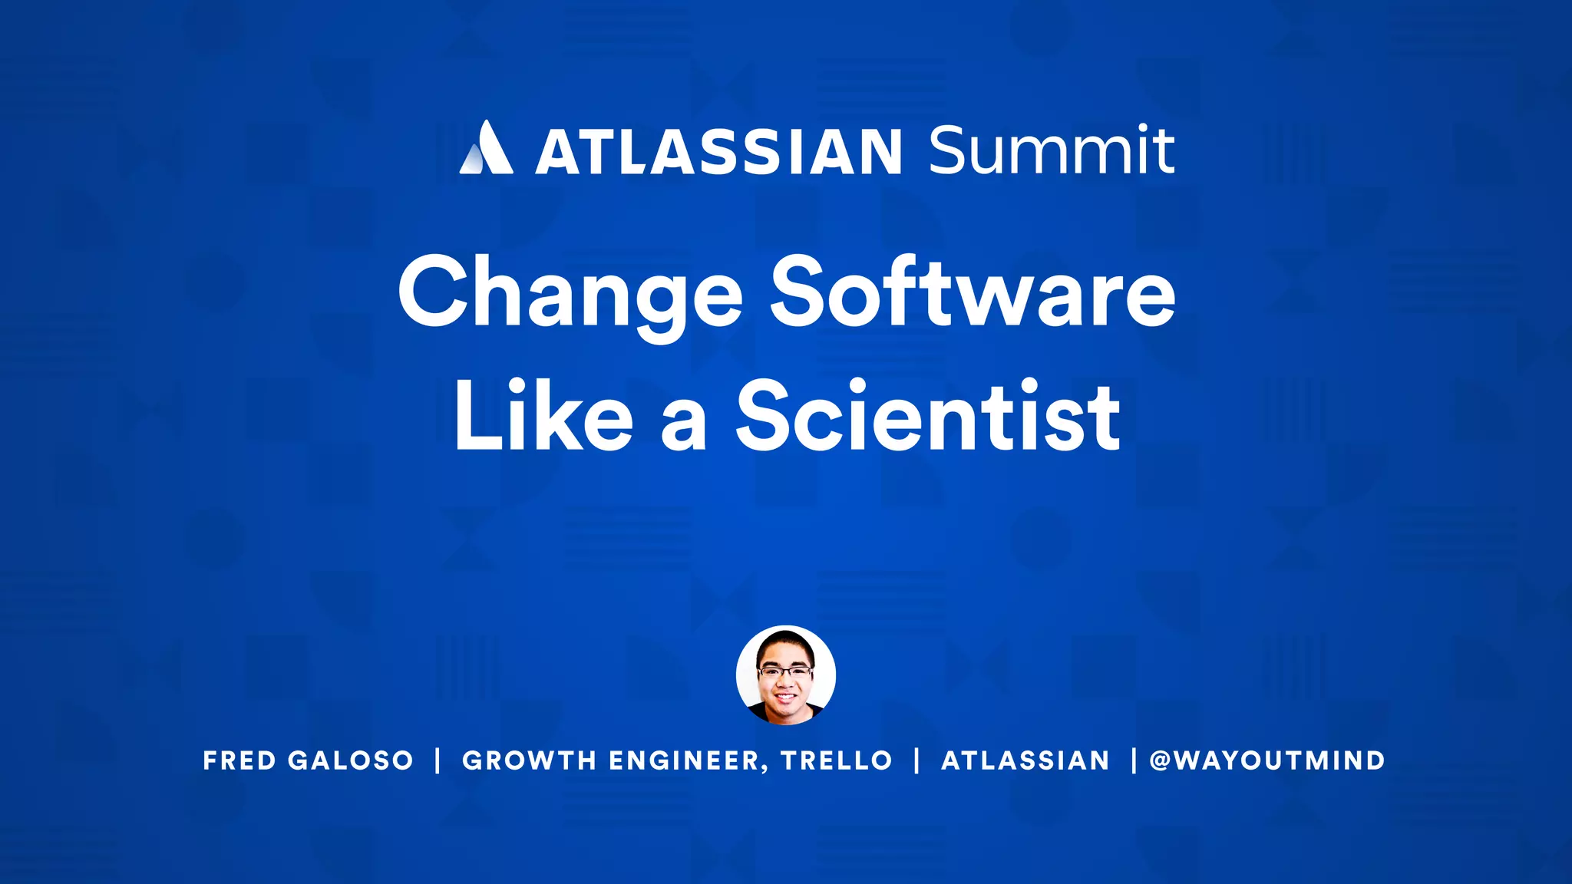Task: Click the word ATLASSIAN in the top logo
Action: [718, 151]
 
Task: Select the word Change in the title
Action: [570, 294]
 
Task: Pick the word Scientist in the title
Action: [928, 416]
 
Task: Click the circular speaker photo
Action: [785, 675]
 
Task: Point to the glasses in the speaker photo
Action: [784, 672]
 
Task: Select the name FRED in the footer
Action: [239, 760]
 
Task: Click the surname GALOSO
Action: [350, 760]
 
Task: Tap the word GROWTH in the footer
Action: [529, 760]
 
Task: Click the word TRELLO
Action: [836, 760]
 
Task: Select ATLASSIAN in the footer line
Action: [1025, 760]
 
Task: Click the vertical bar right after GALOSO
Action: [438, 760]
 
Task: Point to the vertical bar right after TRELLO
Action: [917, 760]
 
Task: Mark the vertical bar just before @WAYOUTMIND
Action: [1134, 760]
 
